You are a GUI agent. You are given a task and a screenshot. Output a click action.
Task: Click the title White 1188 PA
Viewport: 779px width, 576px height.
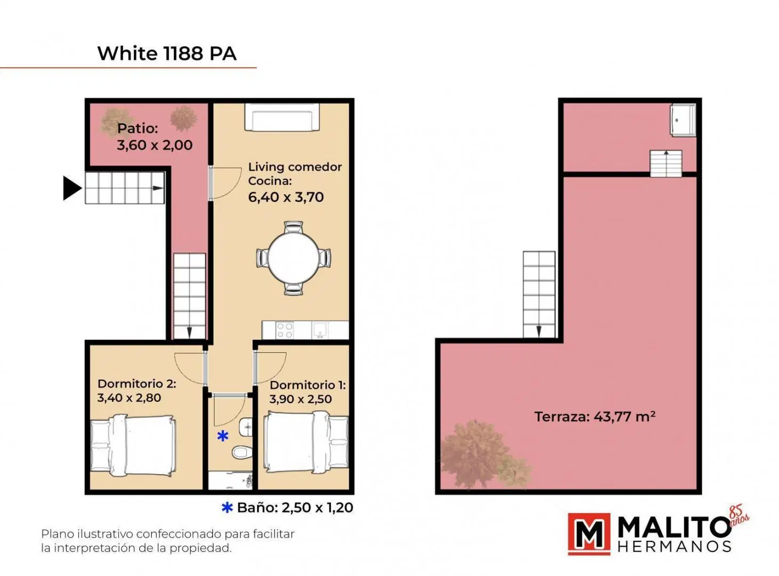(x=167, y=53)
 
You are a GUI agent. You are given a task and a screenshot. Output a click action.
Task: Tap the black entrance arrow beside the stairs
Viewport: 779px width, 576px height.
(x=71, y=188)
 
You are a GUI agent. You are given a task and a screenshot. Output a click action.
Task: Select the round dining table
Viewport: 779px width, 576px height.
(x=294, y=258)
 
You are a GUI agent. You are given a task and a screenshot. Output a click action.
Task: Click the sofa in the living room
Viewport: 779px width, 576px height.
(x=282, y=117)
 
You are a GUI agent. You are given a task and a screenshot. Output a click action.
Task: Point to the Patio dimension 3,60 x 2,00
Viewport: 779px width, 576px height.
(x=155, y=145)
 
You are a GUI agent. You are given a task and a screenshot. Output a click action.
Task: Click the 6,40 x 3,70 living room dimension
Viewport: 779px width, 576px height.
(x=286, y=197)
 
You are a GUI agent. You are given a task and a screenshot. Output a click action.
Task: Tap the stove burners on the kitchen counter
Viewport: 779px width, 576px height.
(x=285, y=330)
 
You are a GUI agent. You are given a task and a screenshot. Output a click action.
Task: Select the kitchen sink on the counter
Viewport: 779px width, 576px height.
(x=320, y=330)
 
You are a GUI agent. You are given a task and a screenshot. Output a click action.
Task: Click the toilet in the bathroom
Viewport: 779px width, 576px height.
(x=242, y=452)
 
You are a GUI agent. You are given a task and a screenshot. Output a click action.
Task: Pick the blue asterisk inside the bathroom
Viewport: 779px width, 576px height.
(x=223, y=436)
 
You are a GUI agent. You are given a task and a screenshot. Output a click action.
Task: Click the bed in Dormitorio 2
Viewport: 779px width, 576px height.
(x=133, y=445)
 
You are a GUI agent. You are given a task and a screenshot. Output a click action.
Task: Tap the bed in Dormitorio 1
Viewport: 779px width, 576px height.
(x=306, y=443)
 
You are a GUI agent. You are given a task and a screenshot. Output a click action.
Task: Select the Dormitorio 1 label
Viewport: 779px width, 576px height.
(x=308, y=385)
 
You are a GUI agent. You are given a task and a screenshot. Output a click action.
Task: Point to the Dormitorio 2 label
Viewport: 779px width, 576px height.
(x=136, y=383)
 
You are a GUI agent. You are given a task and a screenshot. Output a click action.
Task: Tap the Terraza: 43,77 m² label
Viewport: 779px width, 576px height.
(x=595, y=417)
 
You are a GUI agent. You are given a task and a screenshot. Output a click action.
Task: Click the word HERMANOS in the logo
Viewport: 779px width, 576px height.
(x=674, y=547)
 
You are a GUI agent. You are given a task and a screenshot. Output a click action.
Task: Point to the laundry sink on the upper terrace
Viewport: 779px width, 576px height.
(x=683, y=120)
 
